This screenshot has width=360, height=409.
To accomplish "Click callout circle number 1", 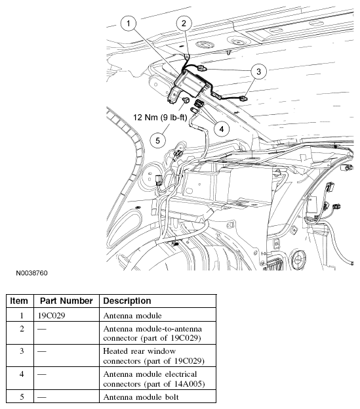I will coord(130,22).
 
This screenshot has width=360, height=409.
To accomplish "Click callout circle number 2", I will coord(185,23).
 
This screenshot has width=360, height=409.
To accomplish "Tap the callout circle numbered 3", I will coord(259,71).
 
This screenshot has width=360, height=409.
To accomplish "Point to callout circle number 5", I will coord(157,139).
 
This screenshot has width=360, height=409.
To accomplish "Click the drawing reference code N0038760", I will coord(28,272).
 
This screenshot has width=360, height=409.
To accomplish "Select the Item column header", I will coord(20,301).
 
